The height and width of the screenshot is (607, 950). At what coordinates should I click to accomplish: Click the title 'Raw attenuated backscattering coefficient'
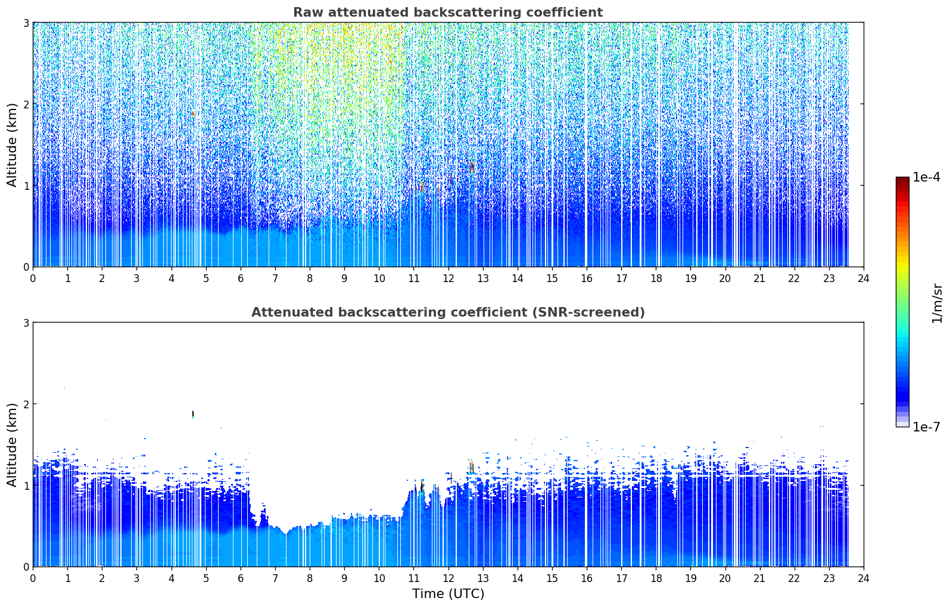448,12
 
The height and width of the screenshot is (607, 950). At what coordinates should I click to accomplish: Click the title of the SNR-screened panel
448,312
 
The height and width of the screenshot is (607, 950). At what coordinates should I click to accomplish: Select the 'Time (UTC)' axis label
448,594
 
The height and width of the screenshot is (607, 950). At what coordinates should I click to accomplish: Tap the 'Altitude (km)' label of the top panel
12,145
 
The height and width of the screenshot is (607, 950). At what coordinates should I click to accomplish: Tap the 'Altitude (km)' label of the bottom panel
12,445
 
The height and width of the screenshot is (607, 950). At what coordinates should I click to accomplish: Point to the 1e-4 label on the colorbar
926,177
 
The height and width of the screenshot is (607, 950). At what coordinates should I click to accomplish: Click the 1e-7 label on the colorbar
926,427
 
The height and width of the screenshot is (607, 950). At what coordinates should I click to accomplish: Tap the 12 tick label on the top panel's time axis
448,279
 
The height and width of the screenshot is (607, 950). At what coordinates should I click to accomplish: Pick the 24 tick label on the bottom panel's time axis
864,578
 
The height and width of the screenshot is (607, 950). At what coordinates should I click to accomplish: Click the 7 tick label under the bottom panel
275,578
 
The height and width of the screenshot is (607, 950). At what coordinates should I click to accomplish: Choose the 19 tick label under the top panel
690,279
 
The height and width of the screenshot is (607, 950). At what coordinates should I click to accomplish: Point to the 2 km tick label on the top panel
26,104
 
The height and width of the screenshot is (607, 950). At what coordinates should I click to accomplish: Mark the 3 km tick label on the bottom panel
26,323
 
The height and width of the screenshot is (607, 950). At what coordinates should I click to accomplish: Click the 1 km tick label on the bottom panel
26,486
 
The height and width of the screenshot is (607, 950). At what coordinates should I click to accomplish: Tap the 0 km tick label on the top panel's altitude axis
26,267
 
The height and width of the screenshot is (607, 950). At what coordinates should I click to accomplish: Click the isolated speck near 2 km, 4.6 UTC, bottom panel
193,414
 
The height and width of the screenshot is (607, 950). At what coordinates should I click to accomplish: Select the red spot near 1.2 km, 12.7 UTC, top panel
471,167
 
